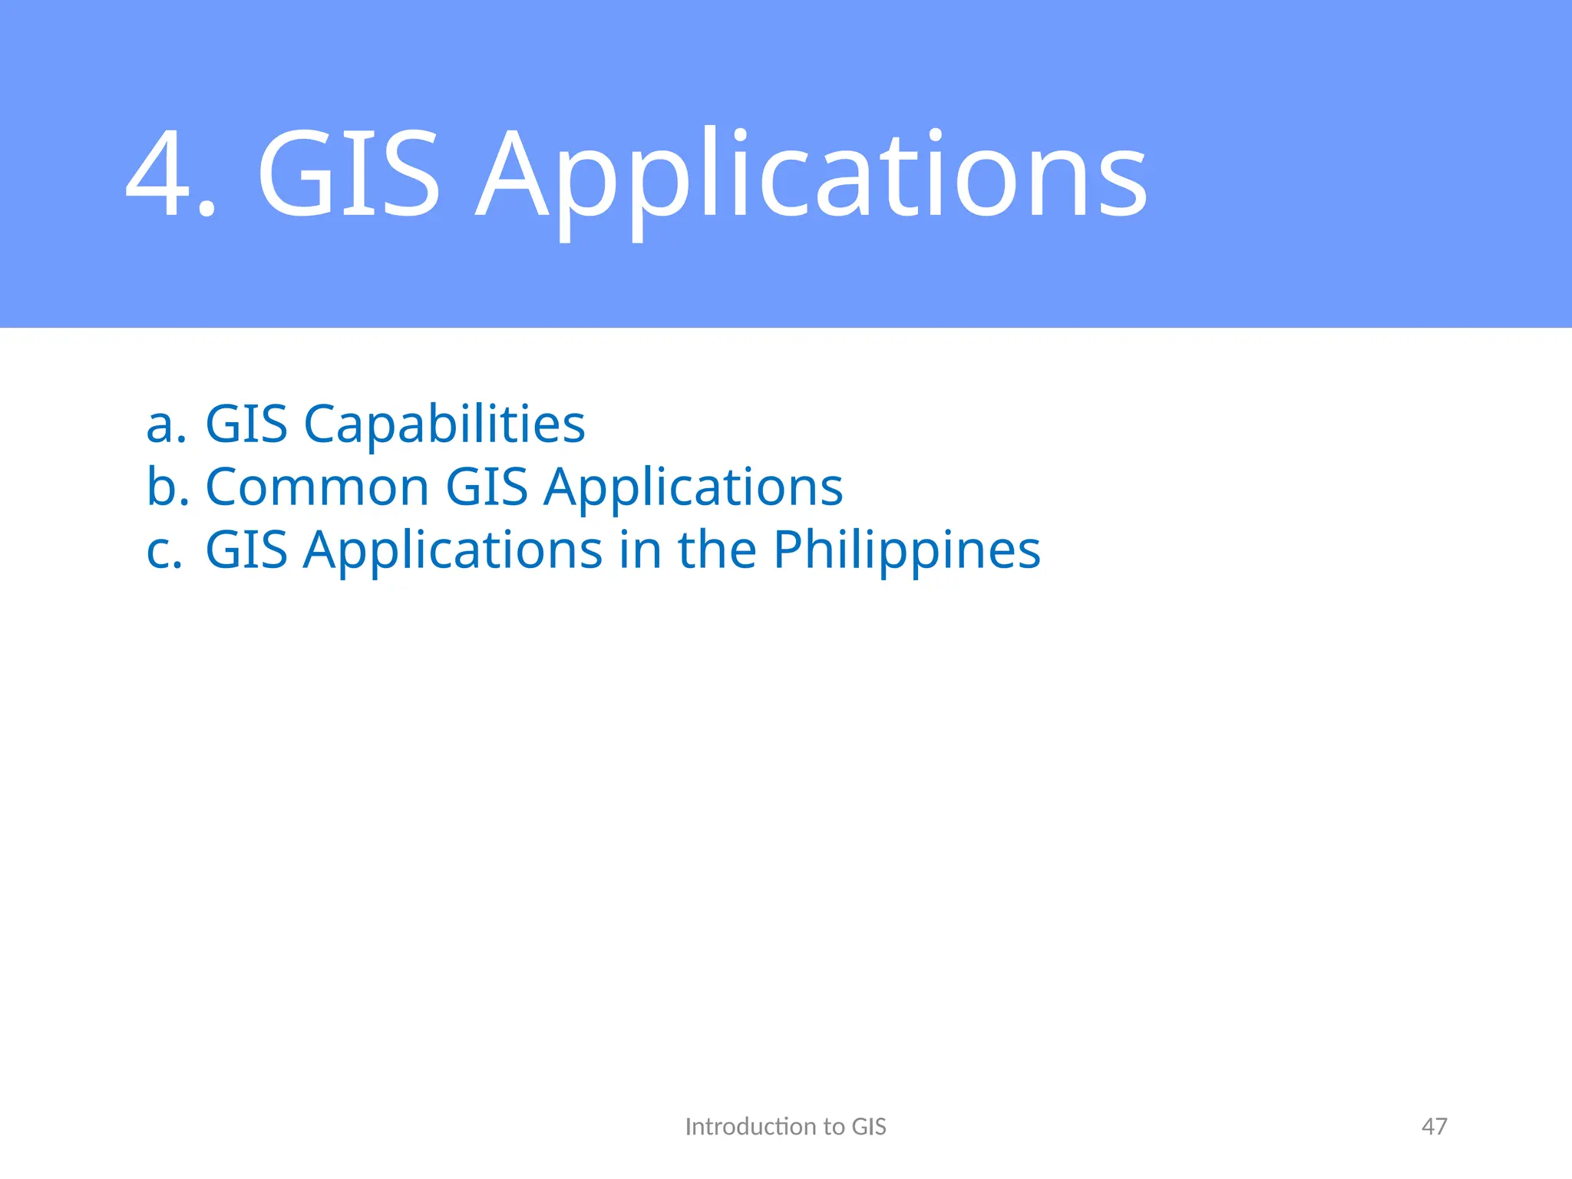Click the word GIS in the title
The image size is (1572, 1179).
tap(348, 175)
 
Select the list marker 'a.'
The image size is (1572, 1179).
tap(166, 424)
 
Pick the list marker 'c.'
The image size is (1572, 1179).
tap(164, 550)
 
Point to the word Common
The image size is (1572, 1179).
tap(317, 488)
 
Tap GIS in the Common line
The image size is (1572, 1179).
tap(487, 487)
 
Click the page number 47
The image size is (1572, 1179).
tap(1434, 1127)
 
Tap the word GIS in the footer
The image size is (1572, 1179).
tap(869, 1127)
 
